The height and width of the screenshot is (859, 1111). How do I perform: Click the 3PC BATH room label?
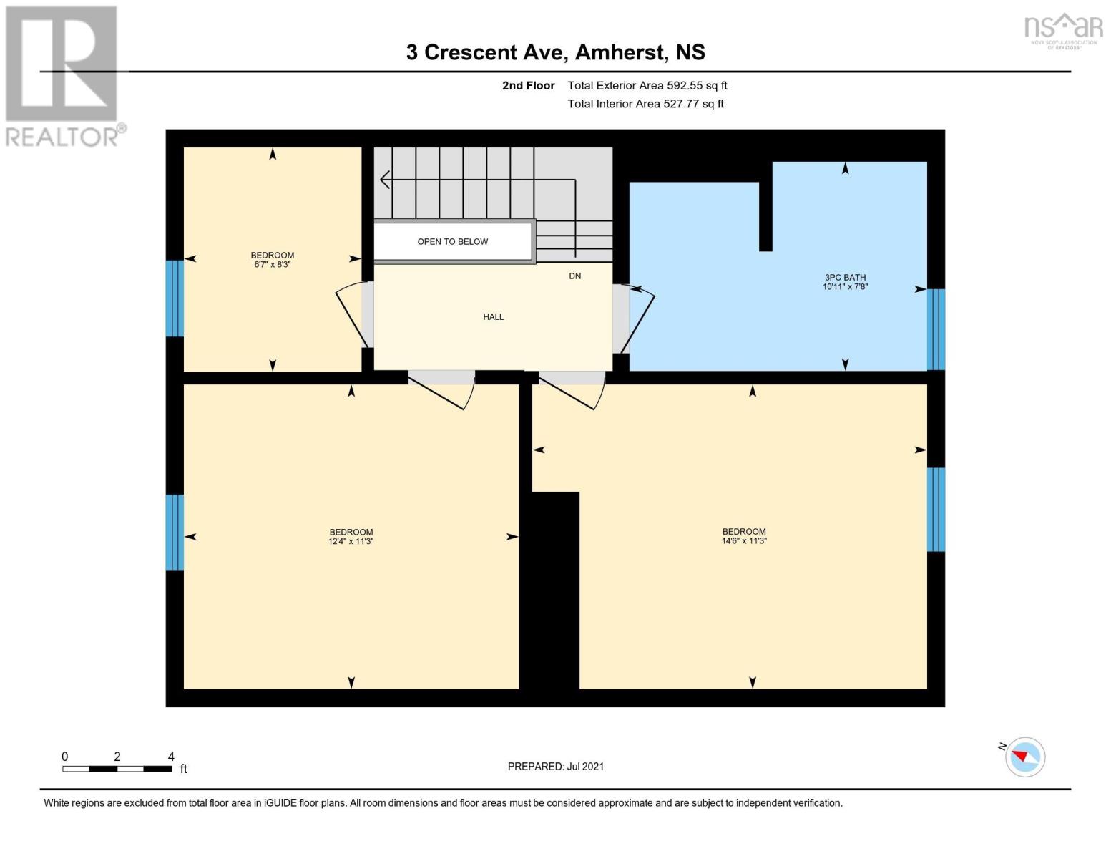coord(845,277)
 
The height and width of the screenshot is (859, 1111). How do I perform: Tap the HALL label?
coord(493,316)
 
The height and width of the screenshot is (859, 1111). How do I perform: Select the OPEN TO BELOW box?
coord(453,241)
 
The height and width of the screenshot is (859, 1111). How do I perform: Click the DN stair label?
coord(574,276)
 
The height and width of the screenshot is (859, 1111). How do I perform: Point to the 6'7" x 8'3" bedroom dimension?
coord(273,265)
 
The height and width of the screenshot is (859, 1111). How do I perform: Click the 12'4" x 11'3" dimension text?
coord(351,542)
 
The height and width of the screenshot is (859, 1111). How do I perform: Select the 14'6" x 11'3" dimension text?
coord(744,541)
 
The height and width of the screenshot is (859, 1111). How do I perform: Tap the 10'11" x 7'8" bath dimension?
coord(845,287)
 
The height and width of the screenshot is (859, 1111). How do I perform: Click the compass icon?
coord(1024,757)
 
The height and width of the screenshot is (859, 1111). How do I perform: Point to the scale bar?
coord(117,769)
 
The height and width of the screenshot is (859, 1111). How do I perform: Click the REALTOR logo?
coord(62,75)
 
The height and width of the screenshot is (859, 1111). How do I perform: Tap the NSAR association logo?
coord(1063,31)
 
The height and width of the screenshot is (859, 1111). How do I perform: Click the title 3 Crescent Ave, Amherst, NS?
coord(555,52)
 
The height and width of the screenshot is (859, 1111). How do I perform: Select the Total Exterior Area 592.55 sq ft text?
coord(647,85)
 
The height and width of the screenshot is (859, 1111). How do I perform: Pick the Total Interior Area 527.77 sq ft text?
coord(645,104)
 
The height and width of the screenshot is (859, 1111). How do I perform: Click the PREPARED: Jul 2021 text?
coord(555,766)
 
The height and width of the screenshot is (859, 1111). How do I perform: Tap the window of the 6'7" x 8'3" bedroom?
coord(175,298)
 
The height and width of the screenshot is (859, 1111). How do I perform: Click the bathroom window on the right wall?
coord(936,329)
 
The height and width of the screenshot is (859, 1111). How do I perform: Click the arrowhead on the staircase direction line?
coord(384,180)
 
